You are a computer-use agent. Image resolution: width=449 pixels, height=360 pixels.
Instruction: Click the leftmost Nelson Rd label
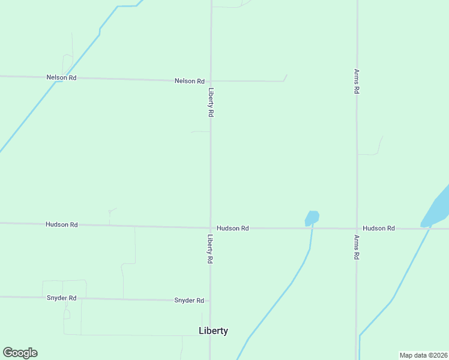(x=61, y=77)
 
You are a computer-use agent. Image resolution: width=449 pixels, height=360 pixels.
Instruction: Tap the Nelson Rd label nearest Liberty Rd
(x=190, y=81)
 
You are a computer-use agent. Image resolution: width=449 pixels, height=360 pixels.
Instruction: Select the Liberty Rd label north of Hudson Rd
(x=211, y=102)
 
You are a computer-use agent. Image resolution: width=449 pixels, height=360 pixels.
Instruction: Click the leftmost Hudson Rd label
(x=61, y=224)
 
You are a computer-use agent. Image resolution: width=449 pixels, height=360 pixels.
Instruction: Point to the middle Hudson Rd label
(x=233, y=229)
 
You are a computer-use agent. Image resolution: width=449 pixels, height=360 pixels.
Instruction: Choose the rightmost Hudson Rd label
(x=379, y=229)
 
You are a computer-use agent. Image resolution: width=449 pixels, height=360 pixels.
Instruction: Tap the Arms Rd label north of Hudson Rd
(x=357, y=81)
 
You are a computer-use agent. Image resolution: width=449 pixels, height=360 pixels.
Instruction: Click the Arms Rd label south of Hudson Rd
(x=357, y=247)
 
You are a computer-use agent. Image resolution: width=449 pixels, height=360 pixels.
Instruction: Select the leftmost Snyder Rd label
(x=61, y=298)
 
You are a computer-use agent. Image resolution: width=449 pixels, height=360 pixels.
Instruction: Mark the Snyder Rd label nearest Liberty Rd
(x=189, y=300)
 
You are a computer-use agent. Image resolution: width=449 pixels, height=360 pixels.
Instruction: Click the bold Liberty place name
(x=213, y=331)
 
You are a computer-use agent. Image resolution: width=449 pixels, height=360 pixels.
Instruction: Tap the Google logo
(x=20, y=353)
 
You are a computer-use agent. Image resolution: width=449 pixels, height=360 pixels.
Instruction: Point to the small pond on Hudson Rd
(x=312, y=217)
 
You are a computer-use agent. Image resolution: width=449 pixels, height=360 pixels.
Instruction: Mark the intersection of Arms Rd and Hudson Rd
(x=357, y=229)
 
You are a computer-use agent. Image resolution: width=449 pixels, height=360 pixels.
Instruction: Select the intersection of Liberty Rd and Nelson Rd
(x=210, y=80)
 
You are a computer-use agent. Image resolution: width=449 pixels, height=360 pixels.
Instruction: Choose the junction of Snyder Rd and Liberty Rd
(x=209, y=300)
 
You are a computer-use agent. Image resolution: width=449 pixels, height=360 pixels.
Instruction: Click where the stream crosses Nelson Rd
(x=56, y=78)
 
